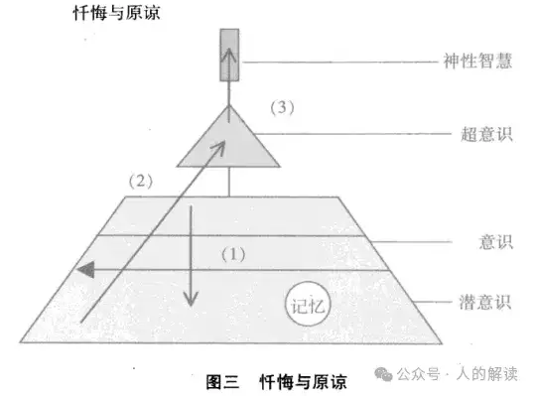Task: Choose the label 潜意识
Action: (485, 299)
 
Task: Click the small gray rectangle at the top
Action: (229, 55)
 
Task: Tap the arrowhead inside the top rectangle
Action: (229, 49)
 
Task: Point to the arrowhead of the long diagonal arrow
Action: (220, 146)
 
